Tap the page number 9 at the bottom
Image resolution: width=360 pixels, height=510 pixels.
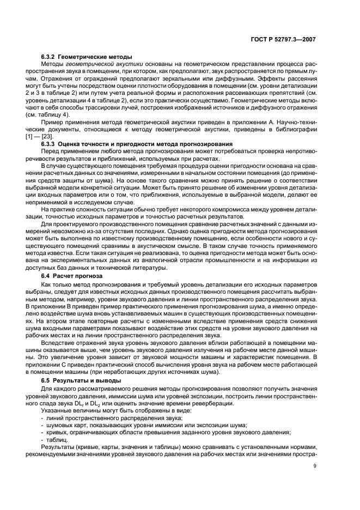click(315, 465)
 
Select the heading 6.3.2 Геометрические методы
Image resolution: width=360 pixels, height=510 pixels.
click(86, 57)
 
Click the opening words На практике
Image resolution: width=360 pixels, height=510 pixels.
click(57, 209)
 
